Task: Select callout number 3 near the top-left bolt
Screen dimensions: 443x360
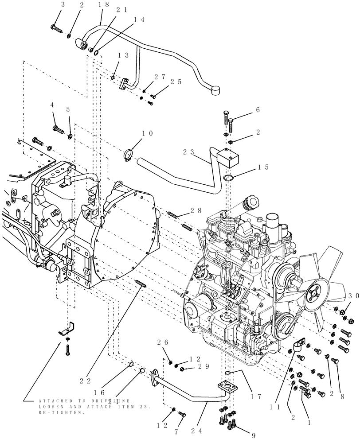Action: click(x=63, y=4)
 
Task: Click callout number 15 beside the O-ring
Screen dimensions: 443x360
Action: click(x=262, y=168)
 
